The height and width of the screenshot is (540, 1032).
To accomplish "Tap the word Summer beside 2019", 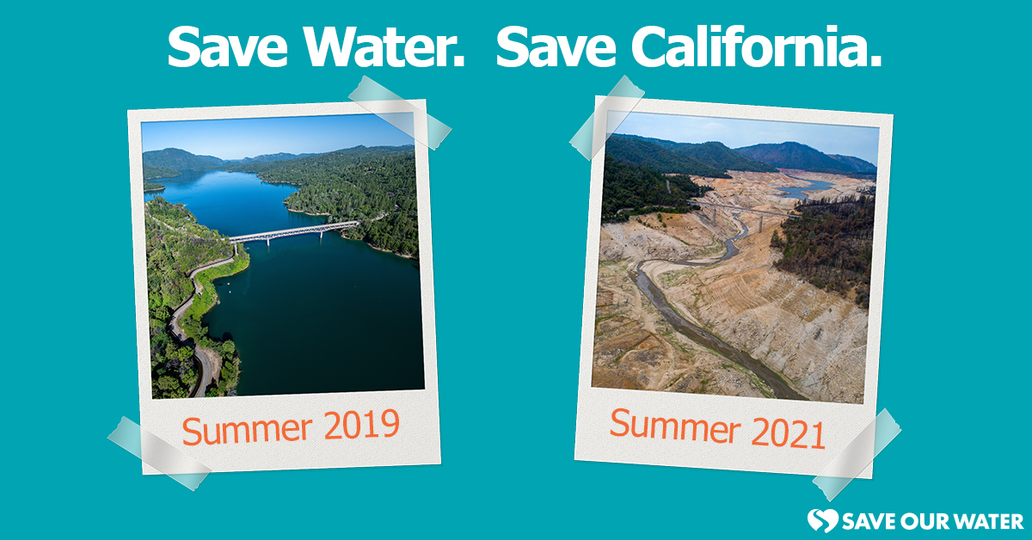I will pyautogui.click(x=244, y=429).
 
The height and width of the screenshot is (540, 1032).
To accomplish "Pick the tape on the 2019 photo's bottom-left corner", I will pyautogui.click(x=158, y=451).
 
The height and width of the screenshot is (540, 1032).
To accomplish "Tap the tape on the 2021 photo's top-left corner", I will pyautogui.click(x=606, y=116).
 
